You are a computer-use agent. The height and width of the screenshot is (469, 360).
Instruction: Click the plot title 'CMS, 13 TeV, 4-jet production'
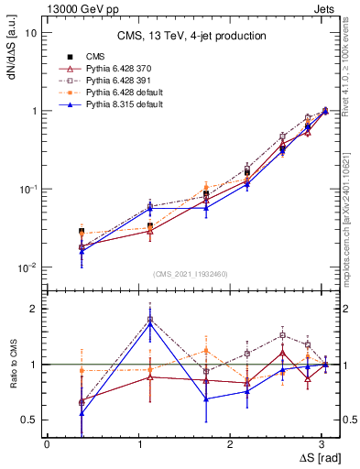tap(191, 37)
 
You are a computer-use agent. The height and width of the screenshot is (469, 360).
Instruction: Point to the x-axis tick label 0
tap(47, 443)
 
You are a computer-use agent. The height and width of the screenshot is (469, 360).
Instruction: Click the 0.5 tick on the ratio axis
tap(31, 420)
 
